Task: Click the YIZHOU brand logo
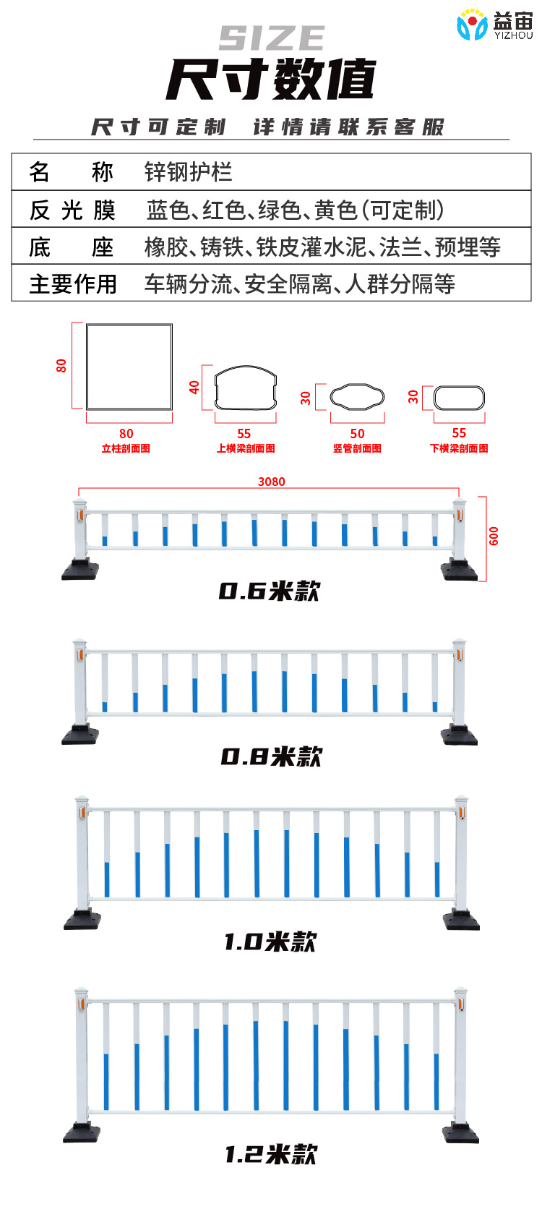(494, 25)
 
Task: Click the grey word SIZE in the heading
(272, 38)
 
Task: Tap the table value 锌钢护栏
(188, 172)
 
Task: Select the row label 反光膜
(72, 210)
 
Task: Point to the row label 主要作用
(73, 283)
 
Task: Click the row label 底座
(72, 247)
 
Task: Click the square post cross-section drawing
(129, 367)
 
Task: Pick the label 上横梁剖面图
(246, 448)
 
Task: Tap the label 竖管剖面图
(357, 448)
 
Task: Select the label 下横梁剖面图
(459, 448)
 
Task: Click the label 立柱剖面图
(126, 448)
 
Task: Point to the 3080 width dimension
(272, 482)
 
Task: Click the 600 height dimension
(494, 536)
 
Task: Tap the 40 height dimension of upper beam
(194, 387)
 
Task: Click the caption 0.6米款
(270, 591)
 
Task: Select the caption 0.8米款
(271, 756)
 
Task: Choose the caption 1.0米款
(270, 941)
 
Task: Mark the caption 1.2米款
(271, 1154)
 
